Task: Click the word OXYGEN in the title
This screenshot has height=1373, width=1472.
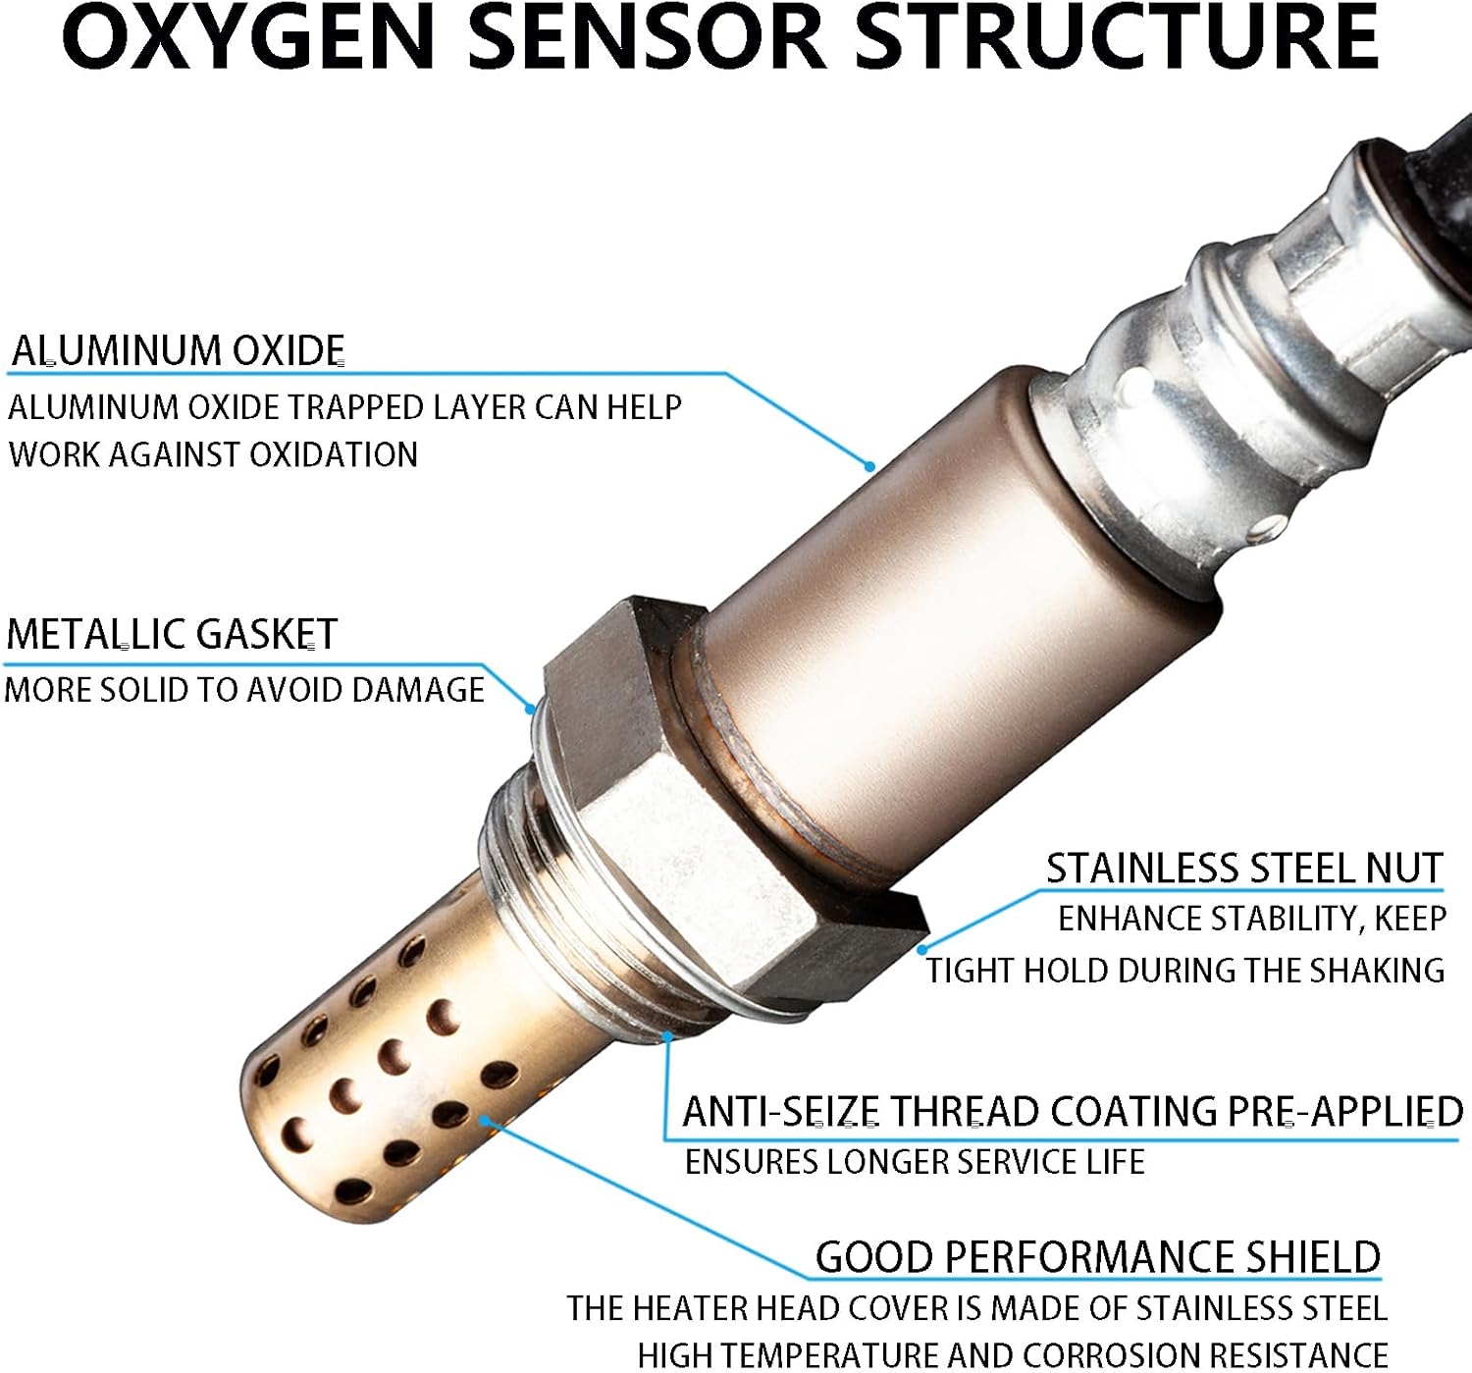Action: (248, 37)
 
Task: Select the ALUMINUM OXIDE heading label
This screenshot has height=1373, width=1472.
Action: (178, 350)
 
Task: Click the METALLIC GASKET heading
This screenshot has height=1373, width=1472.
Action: (171, 634)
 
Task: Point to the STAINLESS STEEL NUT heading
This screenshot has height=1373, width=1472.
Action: (1244, 869)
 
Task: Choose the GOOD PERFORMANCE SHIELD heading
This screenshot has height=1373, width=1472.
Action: (1098, 1258)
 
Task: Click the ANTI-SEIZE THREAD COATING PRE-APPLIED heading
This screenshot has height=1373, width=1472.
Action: (1073, 1113)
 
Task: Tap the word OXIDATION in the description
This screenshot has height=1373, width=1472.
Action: (334, 454)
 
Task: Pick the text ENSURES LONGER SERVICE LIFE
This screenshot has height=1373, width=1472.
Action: (915, 1162)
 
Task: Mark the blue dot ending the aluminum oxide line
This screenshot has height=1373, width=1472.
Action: (870, 466)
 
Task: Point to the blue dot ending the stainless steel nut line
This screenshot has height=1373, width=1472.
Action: (922, 949)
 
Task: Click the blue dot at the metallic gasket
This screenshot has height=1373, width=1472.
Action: (530, 710)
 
